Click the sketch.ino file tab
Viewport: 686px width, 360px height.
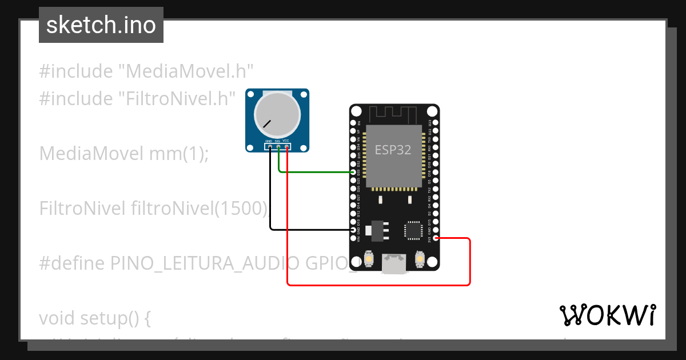[101, 25]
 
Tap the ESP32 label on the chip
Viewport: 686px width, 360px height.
[392, 150]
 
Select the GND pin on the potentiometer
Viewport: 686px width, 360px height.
[269, 147]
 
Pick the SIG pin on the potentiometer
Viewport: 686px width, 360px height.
[278, 147]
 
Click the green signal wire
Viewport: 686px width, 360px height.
[314, 171]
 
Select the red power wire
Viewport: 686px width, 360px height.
[377, 285]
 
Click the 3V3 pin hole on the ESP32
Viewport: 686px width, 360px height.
[436, 238]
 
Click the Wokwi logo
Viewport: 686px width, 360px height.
[607, 315]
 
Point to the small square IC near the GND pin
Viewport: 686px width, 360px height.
[413, 229]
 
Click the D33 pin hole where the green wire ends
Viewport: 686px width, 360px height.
[353, 171]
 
